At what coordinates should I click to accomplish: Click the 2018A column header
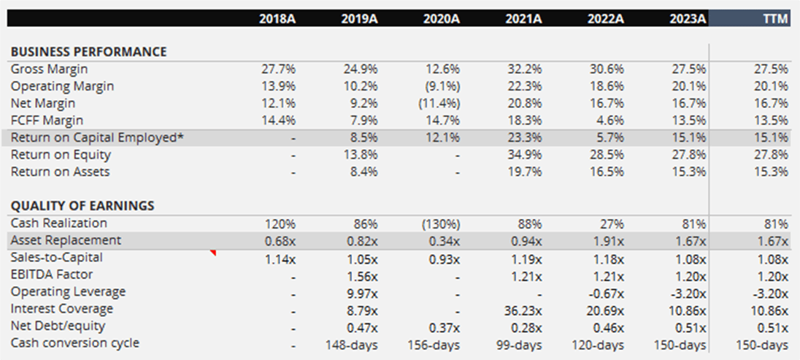(x=277, y=19)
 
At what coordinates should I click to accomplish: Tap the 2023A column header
(x=688, y=19)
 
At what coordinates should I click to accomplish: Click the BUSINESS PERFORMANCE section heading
(x=88, y=52)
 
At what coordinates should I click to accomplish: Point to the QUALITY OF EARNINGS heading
(x=82, y=206)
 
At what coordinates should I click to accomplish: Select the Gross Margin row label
(x=49, y=69)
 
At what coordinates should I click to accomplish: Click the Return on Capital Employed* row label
(x=97, y=137)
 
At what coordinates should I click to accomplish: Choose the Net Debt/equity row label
(x=58, y=326)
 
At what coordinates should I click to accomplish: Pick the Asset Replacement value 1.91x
(x=607, y=240)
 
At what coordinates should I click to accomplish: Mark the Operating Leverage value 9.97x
(x=361, y=291)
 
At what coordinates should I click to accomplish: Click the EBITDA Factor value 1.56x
(x=361, y=275)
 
